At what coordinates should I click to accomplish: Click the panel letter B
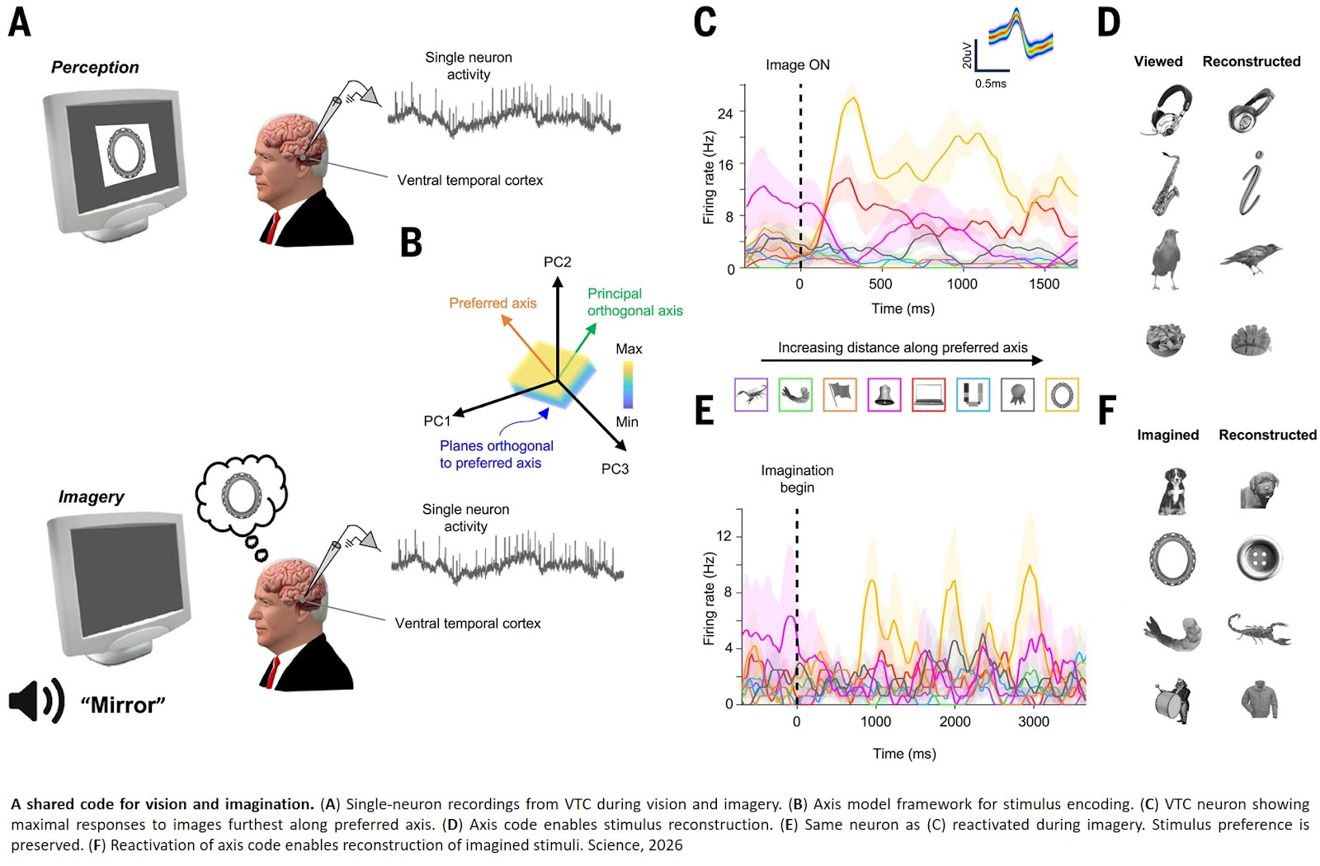tap(411, 243)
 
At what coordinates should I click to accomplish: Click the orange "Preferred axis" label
tap(493, 304)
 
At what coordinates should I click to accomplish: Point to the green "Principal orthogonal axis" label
tap(634, 302)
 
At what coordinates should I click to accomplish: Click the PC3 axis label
tap(615, 469)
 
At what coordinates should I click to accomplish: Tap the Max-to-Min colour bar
tap(628, 385)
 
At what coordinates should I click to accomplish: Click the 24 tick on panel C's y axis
tap(725, 113)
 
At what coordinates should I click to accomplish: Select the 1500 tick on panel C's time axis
tap(1044, 285)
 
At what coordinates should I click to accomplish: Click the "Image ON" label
tap(797, 65)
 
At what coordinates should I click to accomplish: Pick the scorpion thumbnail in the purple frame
tap(751, 395)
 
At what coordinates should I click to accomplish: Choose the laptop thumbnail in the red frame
tap(928, 395)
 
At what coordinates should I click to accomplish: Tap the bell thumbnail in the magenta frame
tap(884, 395)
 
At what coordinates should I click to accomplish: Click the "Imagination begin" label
tap(797, 479)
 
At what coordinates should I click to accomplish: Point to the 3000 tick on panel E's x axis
tap(1034, 722)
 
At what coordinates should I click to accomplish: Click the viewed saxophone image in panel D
tap(1165, 186)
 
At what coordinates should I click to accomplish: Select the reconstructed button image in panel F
tap(1258, 558)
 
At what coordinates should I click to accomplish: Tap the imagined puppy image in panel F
tap(1171, 491)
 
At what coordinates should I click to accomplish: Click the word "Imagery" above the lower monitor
tap(91, 497)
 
